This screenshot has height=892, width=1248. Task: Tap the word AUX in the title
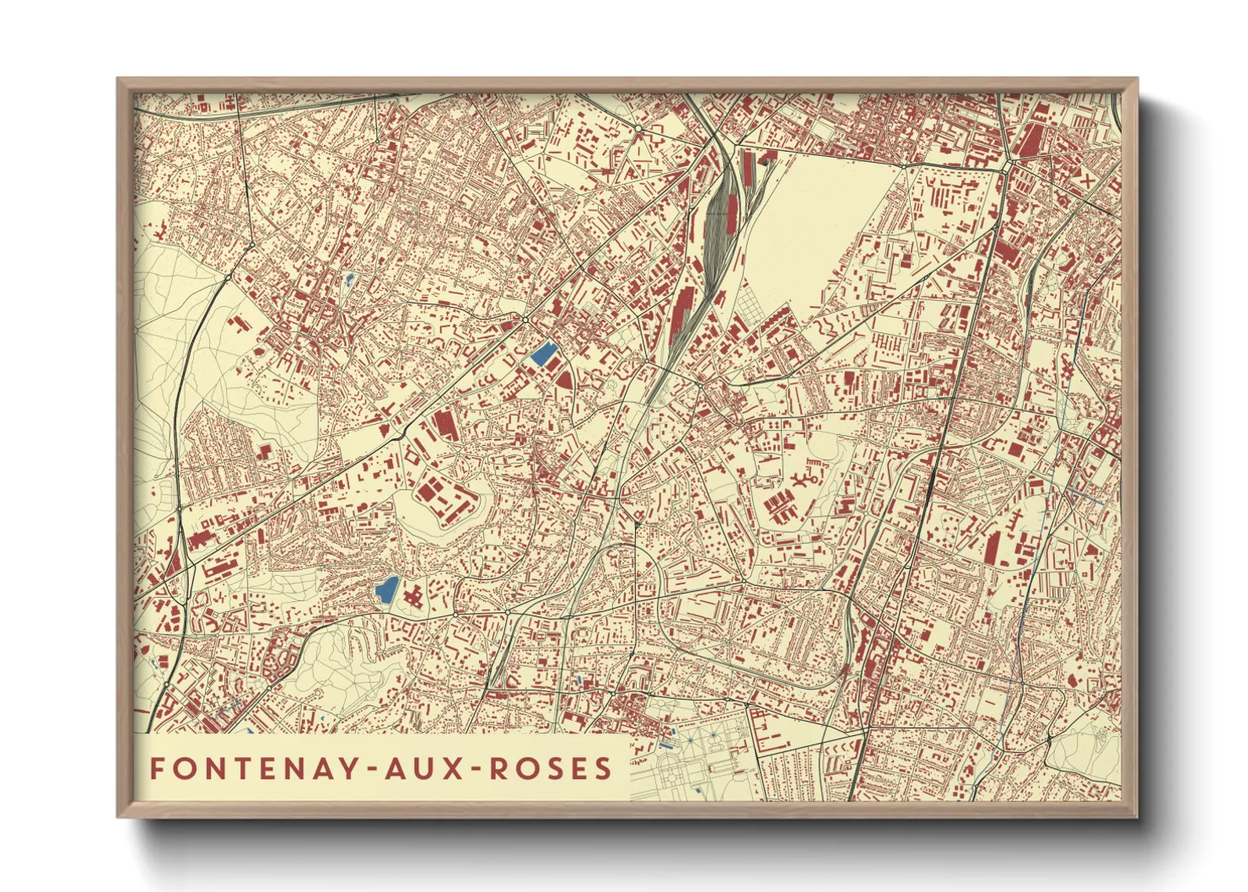pyautogui.click(x=428, y=768)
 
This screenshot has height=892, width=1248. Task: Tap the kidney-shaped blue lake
pyautogui.click(x=387, y=589)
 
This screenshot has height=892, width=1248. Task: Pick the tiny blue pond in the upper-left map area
pyautogui.click(x=349, y=277)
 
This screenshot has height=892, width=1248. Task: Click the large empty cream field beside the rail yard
pyautogui.click(x=810, y=219)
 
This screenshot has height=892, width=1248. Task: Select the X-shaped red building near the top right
pyautogui.click(x=1087, y=179)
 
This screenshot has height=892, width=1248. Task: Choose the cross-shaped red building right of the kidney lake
pyautogui.click(x=413, y=598)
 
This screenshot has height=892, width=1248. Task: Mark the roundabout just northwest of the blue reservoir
pyautogui.click(x=524, y=320)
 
